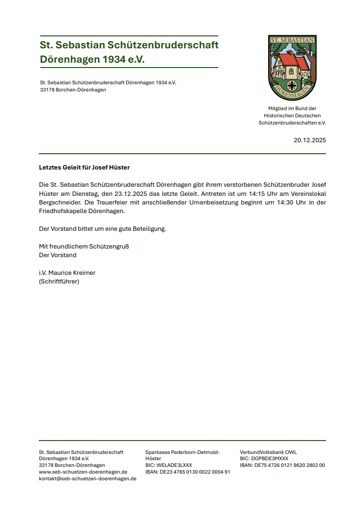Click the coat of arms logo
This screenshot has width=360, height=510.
pos(292,68)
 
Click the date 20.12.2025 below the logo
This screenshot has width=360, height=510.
pos(310,140)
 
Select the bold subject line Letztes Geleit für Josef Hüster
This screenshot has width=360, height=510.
pos(84,168)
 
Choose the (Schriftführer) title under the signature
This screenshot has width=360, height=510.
pos(59,281)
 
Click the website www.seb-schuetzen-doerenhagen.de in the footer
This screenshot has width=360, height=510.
pos(83,472)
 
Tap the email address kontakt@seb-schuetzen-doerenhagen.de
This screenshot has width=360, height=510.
pos(88,478)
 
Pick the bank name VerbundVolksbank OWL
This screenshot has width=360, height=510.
pos(268,452)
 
